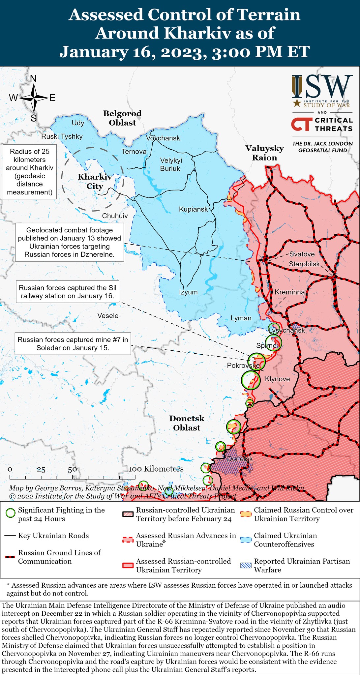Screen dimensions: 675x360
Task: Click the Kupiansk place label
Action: pyautogui.click(x=193, y=209)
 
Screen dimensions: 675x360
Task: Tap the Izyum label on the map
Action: pyautogui.click(x=188, y=292)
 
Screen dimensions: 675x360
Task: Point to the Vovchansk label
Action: pyautogui.click(x=163, y=138)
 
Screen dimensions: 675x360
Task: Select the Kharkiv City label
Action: pyautogui.click(x=95, y=182)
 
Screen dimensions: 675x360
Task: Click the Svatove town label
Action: pyautogui.click(x=302, y=254)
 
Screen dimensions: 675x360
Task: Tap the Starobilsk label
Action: pyautogui.click(x=304, y=264)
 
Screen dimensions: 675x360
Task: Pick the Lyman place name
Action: pyautogui.click(x=241, y=318)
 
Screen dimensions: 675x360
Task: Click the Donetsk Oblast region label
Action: pyautogui.click(x=187, y=423)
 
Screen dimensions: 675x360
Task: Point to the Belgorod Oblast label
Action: pyautogui.click(x=122, y=118)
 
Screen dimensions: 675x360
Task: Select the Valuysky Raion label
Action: pyautogui.click(x=264, y=153)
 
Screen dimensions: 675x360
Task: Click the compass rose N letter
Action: pyautogui.click(x=33, y=79)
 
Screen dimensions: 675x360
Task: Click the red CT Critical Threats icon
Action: pyautogui.click(x=301, y=124)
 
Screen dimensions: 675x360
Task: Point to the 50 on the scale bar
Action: pyautogui.click(x=72, y=470)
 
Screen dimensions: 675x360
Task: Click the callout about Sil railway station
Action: pyautogui.click(x=68, y=292)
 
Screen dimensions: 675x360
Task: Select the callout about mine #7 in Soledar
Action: pyautogui.click(x=73, y=343)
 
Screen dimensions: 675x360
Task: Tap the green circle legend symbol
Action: pyautogui.click(x=11, y=513)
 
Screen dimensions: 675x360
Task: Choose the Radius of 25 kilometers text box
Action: pyautogui.click(x=30, y=172)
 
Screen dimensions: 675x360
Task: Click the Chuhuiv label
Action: pyautogui.click(x=115, y=216)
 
